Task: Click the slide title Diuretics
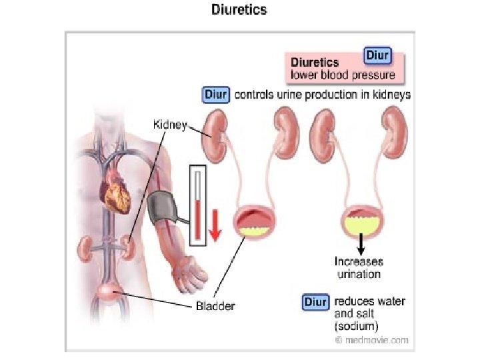point(239,10)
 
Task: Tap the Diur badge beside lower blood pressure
point(377,55)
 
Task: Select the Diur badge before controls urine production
point(216,95)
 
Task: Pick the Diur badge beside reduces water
point(316,301)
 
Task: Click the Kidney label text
point(171,125)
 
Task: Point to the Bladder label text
point(215,307)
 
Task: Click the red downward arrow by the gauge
point(215,223)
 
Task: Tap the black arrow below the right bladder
point(361,243)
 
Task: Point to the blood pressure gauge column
point(198,205)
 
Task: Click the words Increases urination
point(359,268)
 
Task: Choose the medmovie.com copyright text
point(371,339)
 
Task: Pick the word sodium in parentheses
point(357,326)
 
